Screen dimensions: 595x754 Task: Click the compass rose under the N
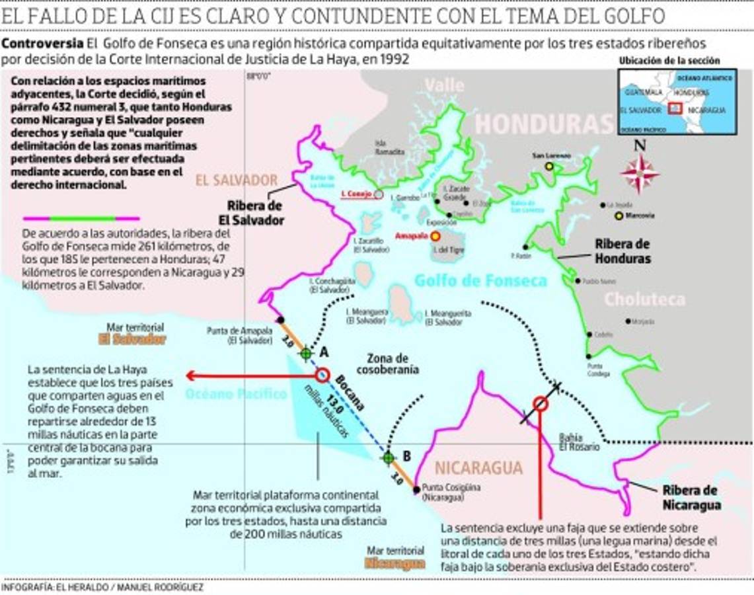click(639, 174)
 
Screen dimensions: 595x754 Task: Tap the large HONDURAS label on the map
click(544, 124)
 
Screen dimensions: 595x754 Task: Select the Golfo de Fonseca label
click(480, 280)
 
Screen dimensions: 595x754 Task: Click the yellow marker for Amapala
click(435, 236)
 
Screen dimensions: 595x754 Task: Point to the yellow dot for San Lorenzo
click(549, 167)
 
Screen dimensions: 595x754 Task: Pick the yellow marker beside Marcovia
click(619, 216)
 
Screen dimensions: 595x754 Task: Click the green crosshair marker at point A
click(305, 354)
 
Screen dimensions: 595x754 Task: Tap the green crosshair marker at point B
click(388, 457)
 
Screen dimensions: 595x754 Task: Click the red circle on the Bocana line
click(322, 376)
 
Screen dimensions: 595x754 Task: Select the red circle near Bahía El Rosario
click(540, 403)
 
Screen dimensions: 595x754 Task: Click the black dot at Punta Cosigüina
click(416, 490)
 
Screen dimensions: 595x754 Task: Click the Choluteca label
click(644, 299)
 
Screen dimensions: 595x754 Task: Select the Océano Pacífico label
click(236, 394)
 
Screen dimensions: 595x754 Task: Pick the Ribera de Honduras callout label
click(622, 251)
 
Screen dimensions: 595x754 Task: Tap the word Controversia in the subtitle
click(42, 44)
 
